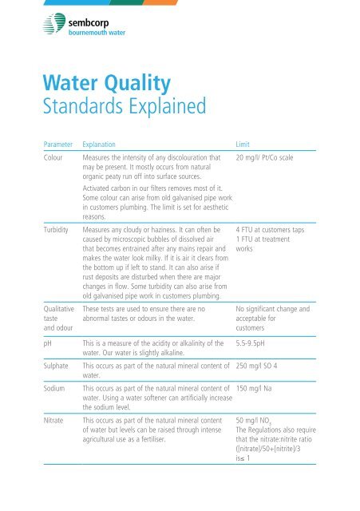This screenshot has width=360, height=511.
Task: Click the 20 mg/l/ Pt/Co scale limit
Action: tap(271, 160)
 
